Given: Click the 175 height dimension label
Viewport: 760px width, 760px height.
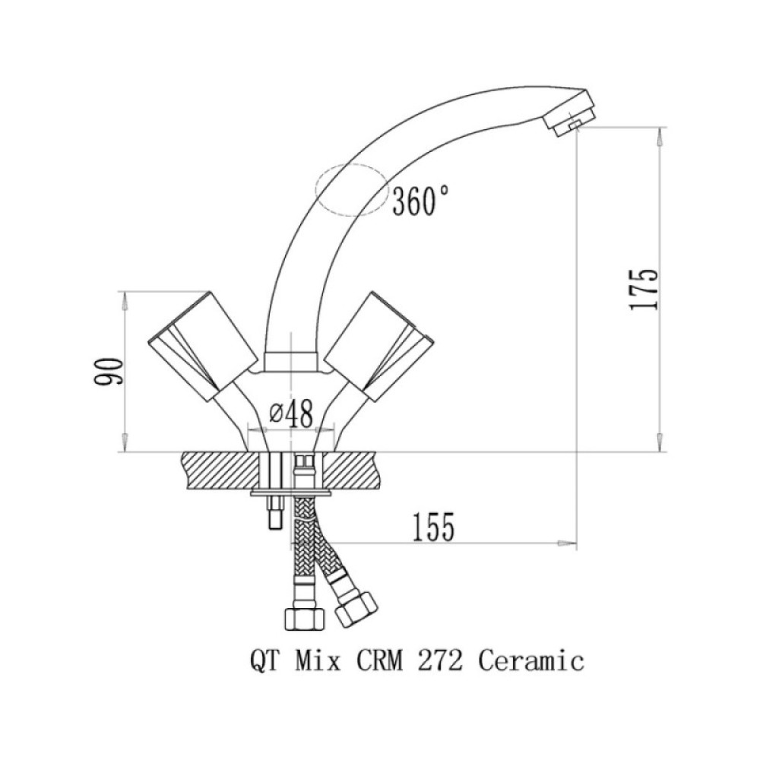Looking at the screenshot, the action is pos(643,289).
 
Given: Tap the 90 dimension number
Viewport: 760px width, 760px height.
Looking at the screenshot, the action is pos(109,372).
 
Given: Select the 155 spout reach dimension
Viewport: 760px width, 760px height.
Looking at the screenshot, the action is pos(433,527).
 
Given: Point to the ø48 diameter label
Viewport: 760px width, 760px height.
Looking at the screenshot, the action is pos(291,414).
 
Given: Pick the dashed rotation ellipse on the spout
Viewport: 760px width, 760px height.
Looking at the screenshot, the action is pos(353,164).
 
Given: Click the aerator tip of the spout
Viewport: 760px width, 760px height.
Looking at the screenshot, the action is pos(570,113).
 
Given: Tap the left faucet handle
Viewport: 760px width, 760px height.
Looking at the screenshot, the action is pos(202,346).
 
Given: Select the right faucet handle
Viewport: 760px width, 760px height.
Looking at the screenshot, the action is pos(378,346).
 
